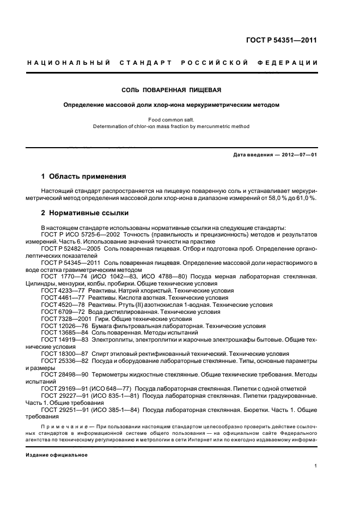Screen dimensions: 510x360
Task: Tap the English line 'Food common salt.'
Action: (x=172, y=119)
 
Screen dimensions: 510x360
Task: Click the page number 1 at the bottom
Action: (x=316, y=466)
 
